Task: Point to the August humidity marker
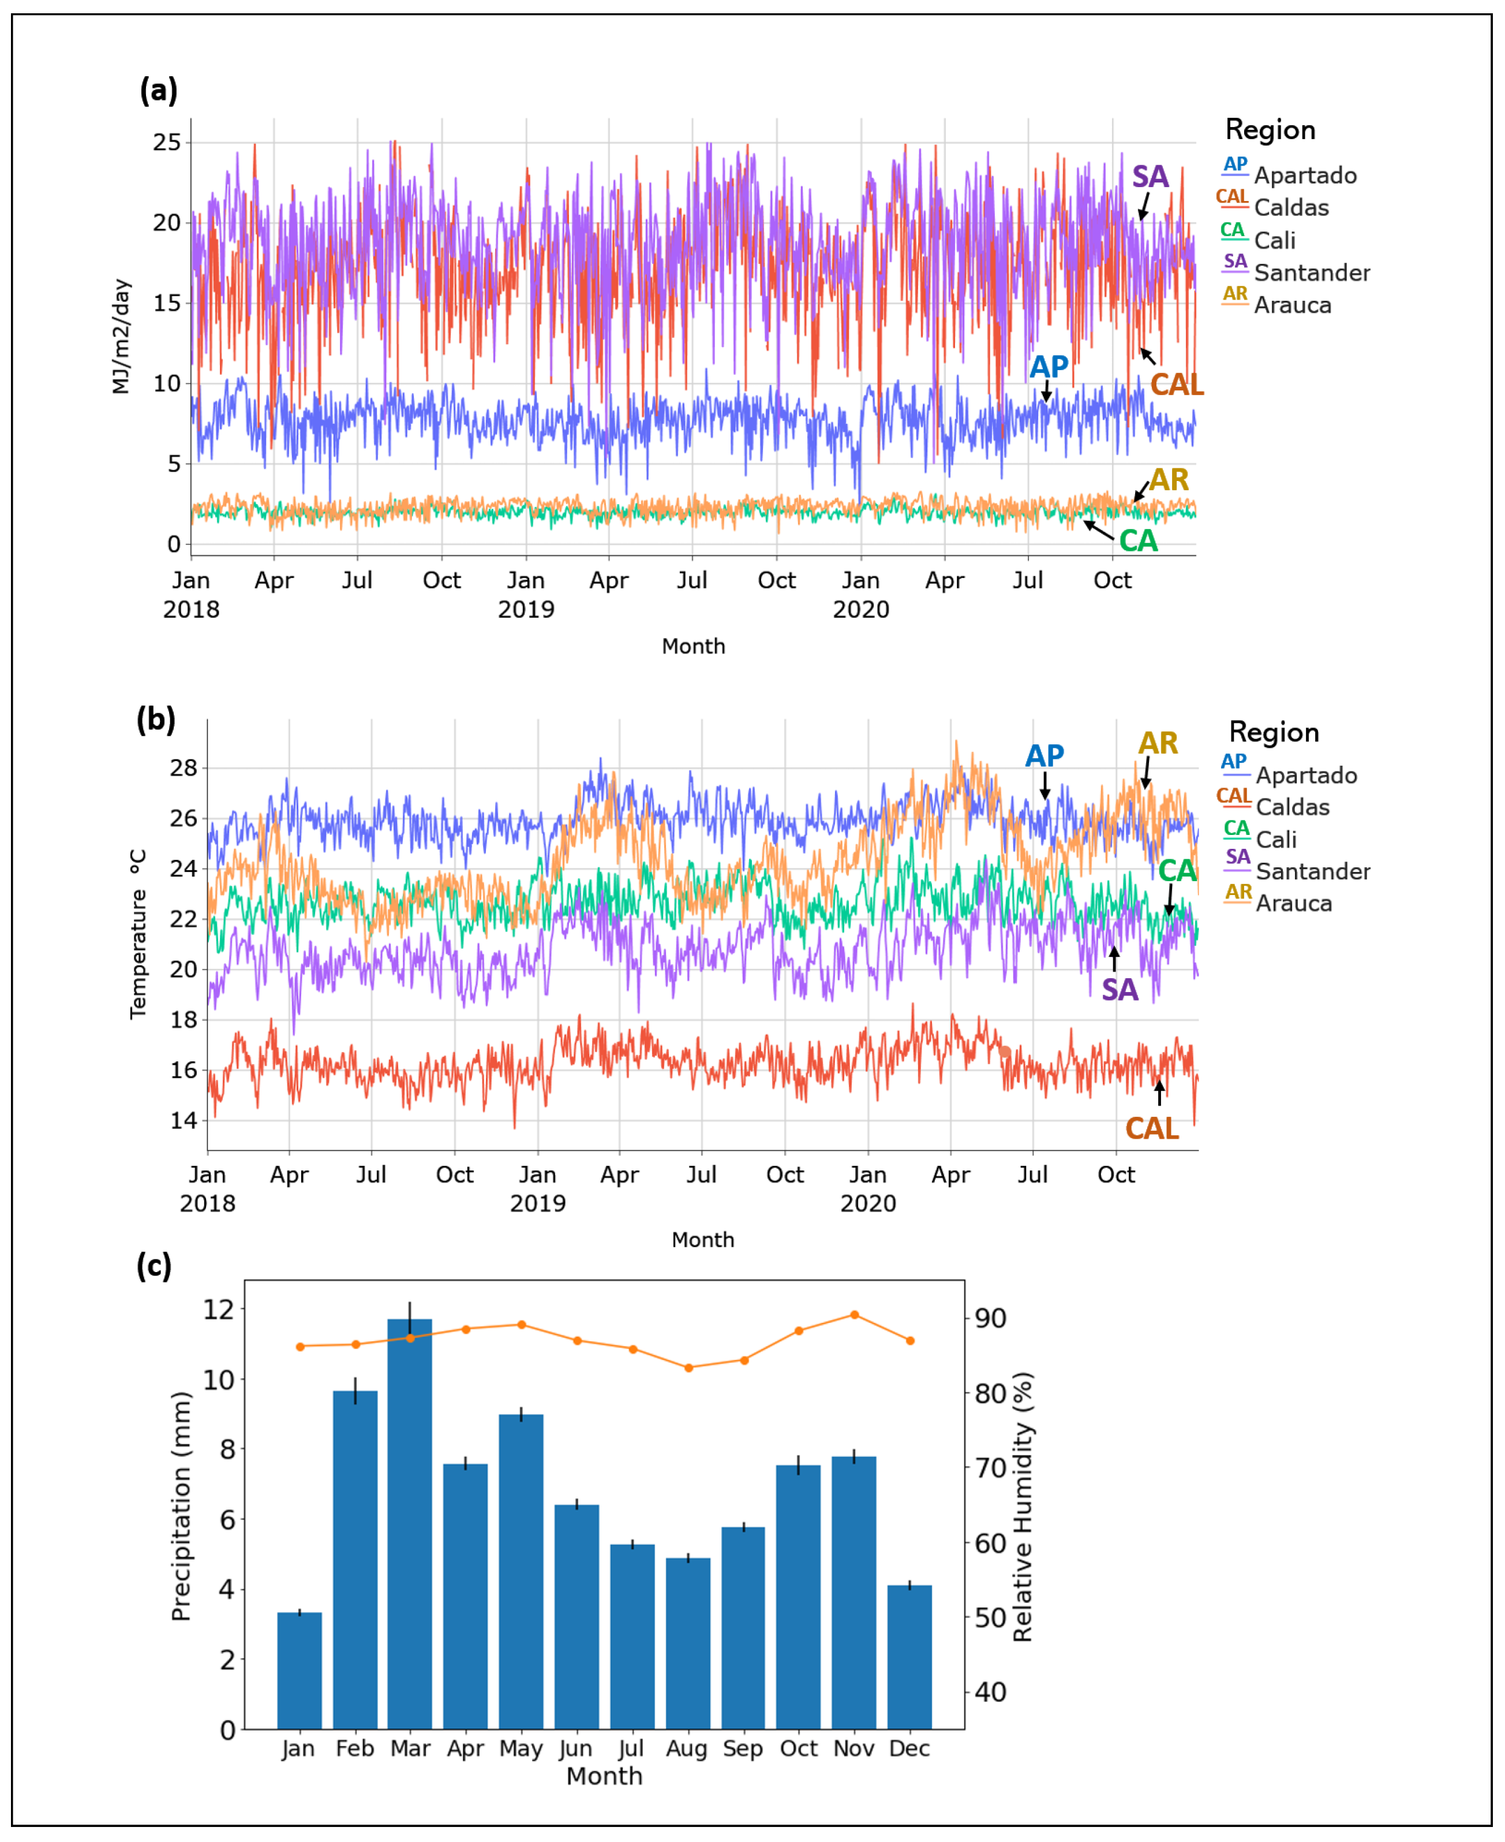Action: tap(688, 1367)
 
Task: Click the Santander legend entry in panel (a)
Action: tap(1311, 273)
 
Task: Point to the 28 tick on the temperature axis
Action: tap(184, 767)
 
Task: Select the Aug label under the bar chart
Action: tap(687, 1748)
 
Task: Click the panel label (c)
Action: tap(154, 1265)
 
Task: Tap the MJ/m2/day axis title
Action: tap(121, 337)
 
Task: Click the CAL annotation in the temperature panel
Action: tap(1151, 1128)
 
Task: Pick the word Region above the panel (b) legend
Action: tap(1274, 732)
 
